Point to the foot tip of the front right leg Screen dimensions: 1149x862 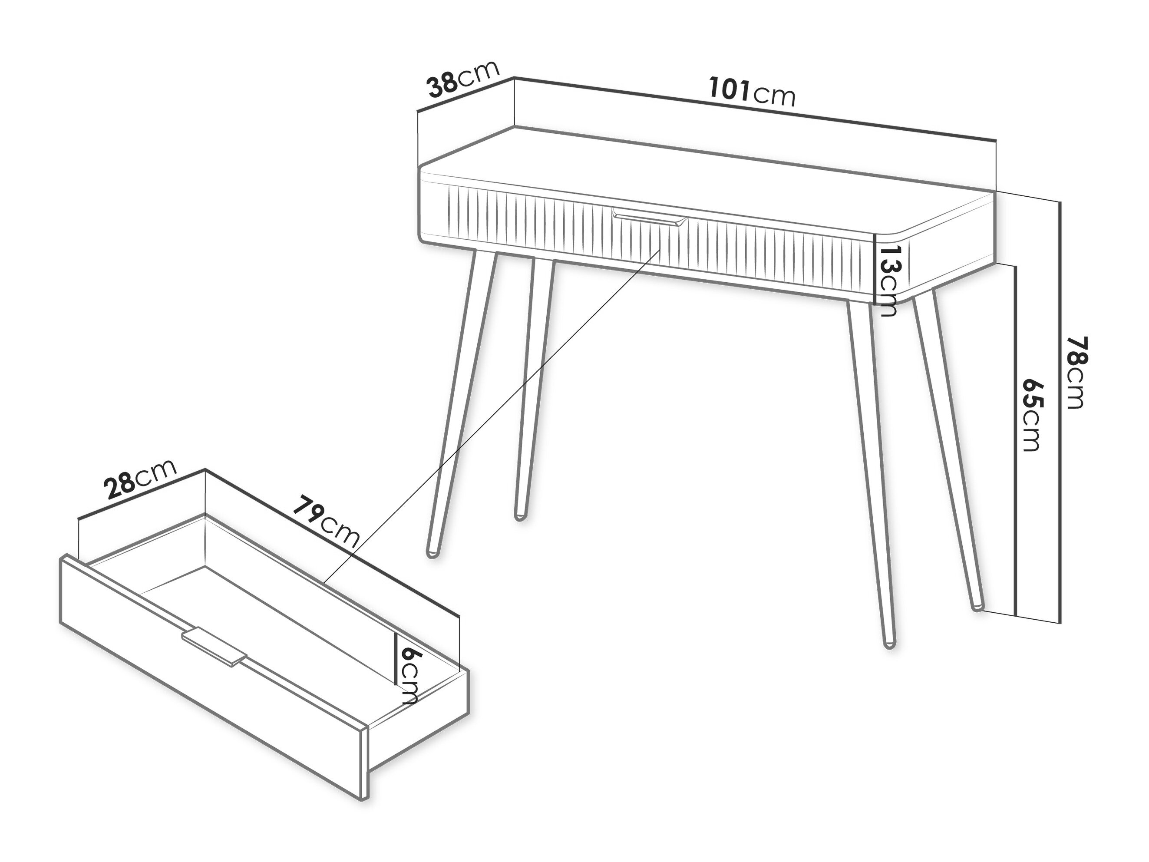(x=889, y=644)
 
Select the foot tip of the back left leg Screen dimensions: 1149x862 (x=518, y=517)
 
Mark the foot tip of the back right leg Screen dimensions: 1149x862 (x=977, y=607)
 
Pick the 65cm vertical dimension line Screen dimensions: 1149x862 (x=1015, y=439)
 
